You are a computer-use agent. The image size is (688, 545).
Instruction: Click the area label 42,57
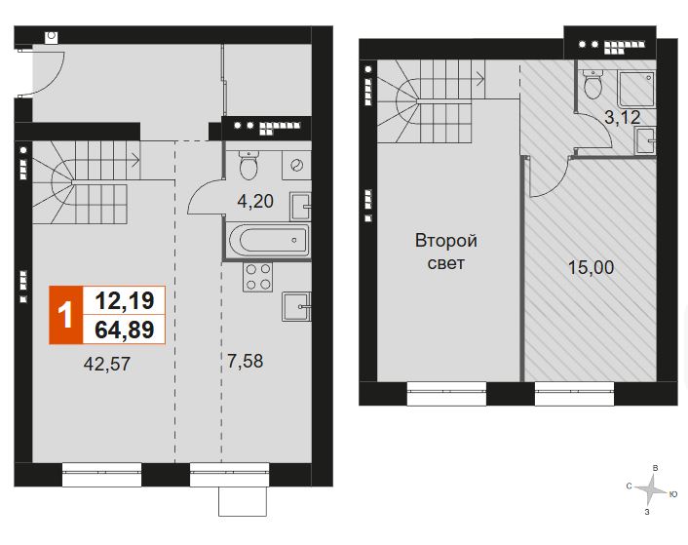click(106, 364)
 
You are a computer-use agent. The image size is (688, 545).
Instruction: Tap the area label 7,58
click(246, 361)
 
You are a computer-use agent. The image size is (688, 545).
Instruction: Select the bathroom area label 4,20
click(255, 201)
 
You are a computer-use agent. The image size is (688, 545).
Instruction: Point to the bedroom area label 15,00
click(591, 267)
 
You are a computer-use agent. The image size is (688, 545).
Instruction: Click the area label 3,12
click(622, 117)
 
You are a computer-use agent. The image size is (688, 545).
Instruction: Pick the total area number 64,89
click(125, 330)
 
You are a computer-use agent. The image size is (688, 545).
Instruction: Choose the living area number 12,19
click(125, 301)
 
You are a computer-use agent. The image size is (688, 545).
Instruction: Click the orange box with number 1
click(66, 315)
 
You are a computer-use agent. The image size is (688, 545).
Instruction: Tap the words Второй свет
click(445, 252)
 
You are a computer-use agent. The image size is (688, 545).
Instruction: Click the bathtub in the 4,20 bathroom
click(269, 240)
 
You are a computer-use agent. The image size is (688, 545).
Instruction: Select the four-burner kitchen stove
click(258, 277)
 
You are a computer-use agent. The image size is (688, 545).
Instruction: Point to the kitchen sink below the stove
click(296, 307)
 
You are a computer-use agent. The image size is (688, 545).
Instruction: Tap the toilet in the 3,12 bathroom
click(593, 85)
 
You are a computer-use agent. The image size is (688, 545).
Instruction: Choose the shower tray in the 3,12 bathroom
click(636, 89)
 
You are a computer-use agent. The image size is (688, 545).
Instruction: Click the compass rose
click(650, 490)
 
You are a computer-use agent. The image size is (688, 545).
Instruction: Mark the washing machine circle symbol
click(296, 166)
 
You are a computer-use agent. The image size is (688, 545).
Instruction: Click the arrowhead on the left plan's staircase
click(136, 160)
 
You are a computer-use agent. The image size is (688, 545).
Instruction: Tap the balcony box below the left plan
click(243, 501)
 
